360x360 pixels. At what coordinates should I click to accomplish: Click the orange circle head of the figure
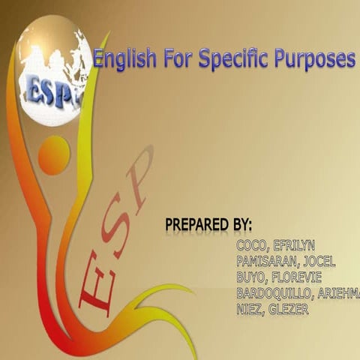[54, 155]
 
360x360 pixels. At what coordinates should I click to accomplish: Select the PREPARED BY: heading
[208, 225]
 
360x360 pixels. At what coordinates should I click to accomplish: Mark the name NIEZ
[250, 308]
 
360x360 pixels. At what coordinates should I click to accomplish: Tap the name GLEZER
[292, 308]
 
